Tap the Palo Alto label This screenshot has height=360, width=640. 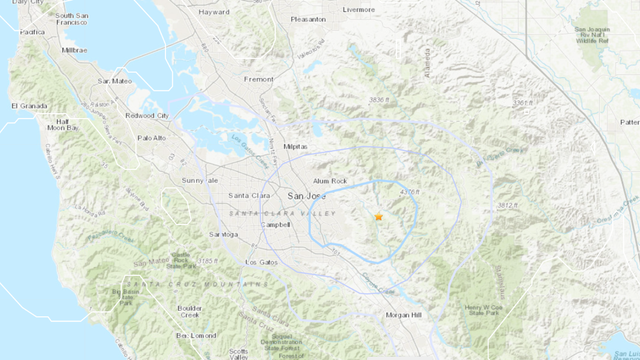pos(153,138)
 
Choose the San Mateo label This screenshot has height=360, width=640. pos(117,80)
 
